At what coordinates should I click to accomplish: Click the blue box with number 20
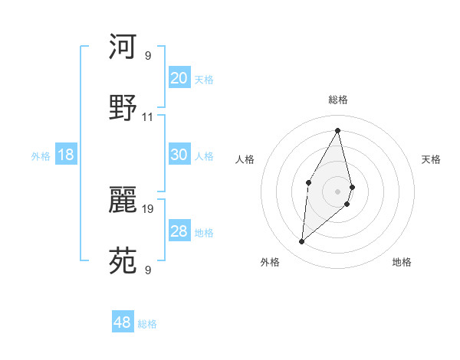179,78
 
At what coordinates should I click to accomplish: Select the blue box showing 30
179,155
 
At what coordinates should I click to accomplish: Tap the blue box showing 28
179,231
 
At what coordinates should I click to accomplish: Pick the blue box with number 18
66,155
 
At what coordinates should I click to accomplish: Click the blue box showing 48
123,322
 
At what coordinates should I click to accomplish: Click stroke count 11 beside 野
148,117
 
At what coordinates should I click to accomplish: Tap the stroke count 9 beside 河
148,55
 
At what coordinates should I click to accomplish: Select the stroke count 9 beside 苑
148,270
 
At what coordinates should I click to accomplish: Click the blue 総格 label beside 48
147,324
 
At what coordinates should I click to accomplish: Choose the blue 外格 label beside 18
41,156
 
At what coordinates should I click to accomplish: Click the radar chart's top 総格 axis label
338,100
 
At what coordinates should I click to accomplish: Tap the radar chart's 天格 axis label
432,159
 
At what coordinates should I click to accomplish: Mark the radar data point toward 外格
302,242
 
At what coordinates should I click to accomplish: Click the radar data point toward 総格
338,130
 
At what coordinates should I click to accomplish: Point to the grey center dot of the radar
338,191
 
